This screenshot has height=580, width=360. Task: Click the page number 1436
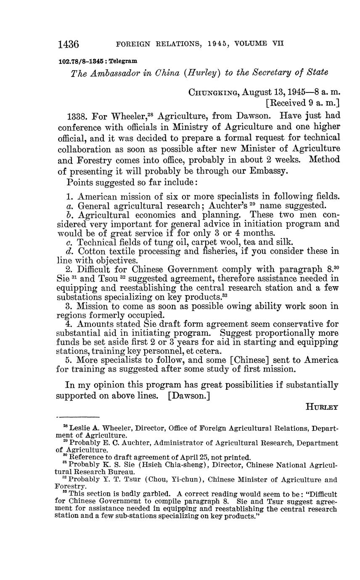(x=69, y=44)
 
